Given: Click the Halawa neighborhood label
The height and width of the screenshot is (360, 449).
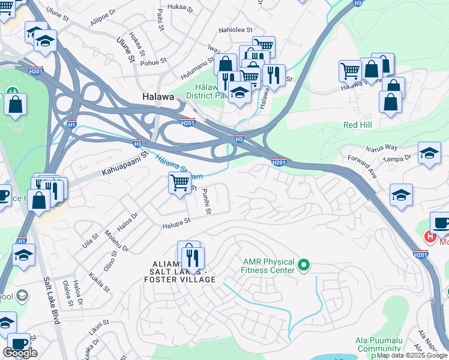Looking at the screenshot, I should pyautogui.click(x=158, y=97).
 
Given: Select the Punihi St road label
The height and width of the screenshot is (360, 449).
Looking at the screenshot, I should pyautogui.click(x=206, y=201).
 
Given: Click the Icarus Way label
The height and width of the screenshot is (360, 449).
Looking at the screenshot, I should pyautogui.click(x=382, y=147).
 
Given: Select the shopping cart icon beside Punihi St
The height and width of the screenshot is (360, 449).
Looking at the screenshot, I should pyautogui.click(x=179, y=181).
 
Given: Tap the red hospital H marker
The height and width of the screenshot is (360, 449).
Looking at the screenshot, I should pyautogui.click(x=430, y=236).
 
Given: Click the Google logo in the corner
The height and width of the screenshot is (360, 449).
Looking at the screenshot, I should pyautogui.click(x=20, y=353).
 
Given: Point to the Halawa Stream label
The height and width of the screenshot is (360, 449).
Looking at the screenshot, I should pyautogui.click(x=178, y=167).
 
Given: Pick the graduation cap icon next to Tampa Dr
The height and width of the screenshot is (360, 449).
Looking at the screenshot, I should pyautogui.click(x=429, y=152).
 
